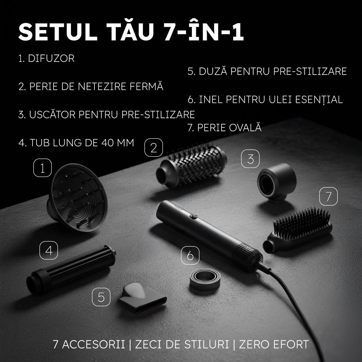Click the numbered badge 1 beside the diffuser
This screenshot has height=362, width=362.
coord(43,169)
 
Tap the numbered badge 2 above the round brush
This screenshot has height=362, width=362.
coord(153,148)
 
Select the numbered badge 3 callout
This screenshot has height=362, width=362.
coord(251,159)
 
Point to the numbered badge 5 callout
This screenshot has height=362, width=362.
coord(101,298)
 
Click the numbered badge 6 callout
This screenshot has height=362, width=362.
coord(190,256)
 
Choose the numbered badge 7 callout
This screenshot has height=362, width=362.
coord(328,197)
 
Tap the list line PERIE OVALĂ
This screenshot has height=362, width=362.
coord(224,128)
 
